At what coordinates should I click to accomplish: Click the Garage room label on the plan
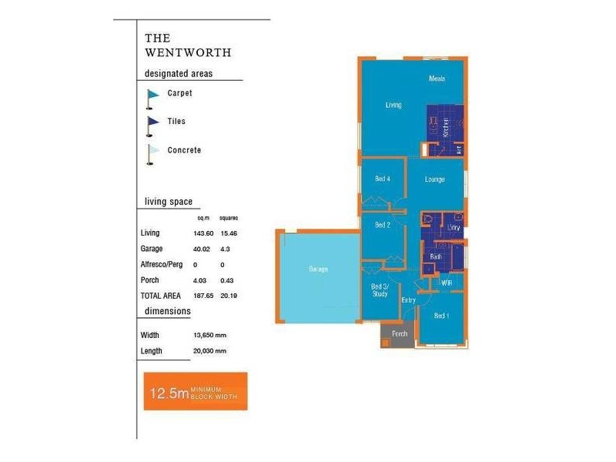(x=318, y=269)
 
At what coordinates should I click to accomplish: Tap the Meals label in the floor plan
(x=437, y=79)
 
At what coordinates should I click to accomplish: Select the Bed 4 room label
(x=383, y=179)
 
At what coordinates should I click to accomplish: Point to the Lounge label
(x=435, y=179)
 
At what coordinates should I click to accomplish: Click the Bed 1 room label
(x=441, y=316)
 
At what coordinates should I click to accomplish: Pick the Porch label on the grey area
(x=400, y=334)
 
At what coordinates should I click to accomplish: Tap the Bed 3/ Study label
(x=380, y=290)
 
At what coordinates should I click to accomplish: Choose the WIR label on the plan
(x=446, y=283)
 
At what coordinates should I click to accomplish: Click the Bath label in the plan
(x=436, y=256)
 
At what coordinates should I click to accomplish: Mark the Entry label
(x=408, y=300)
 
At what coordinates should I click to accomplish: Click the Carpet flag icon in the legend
(x=152, y=95)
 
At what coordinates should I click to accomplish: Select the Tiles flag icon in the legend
(x=152, y=123)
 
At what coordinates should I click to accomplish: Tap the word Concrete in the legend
(x=184, y=150)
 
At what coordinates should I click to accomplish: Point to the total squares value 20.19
(x=228, y=295)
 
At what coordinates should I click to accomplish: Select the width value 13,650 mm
(x=210, y=336)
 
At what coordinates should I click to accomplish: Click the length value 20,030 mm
(x=210, y=351)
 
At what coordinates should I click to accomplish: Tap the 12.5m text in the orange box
(x=169, y=394)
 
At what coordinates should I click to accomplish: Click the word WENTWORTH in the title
(x=188, y=53)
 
